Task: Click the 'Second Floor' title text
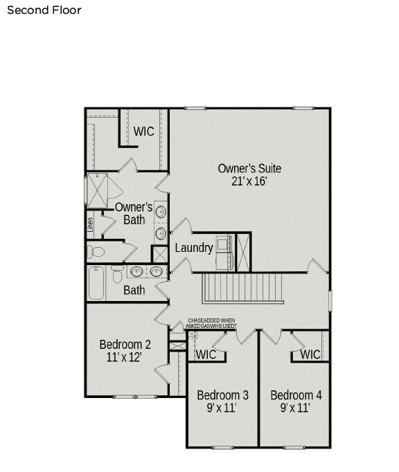tap(44, 10)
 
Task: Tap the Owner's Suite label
tap(249, 168)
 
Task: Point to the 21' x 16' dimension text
tap(249, 181)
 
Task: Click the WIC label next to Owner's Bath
tap(143, 131)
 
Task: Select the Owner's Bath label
tap(134, 213)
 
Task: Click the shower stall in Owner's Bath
tap(98, 190)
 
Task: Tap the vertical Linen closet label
tap(90, 226)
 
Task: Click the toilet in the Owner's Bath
tap(96, 251)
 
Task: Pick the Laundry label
tap(193, 248)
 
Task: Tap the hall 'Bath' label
tap(134, 290)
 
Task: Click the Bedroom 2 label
tap(125, 345)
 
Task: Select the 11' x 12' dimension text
tap(125, 358)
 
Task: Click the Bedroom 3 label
tap(222, 395)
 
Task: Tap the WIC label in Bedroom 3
tap(206, 354)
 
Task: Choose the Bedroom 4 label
tap(296, 395)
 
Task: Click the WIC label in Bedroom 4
tap(310, 354)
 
